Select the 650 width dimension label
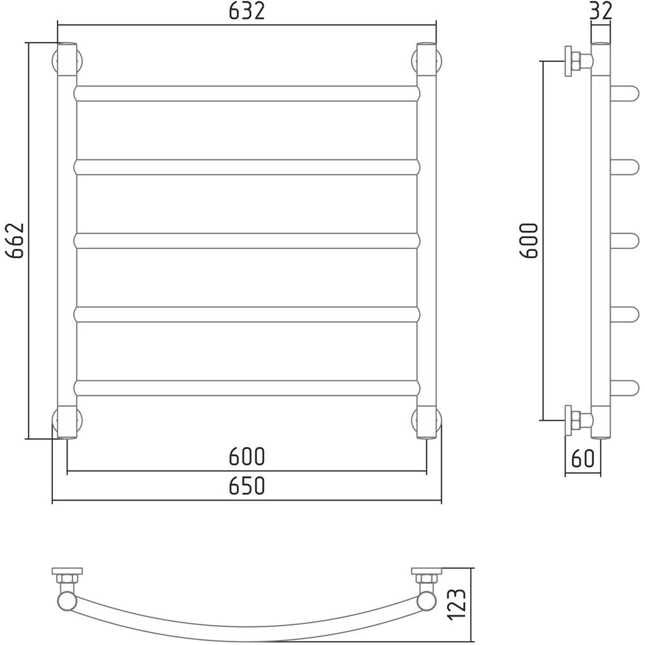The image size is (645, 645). pyautogui.click(x=247, y=486)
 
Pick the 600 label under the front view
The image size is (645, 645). pyautogui.click(x=247, y=456)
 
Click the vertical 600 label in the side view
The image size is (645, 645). pyautogui.click(x=529, y=240)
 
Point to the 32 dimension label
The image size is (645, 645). pyautogui.click(x=601, y=11)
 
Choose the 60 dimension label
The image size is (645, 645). pyautogui.click(x=583, y=458)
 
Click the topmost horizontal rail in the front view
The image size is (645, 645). pyautogui.click(x=247, y=94)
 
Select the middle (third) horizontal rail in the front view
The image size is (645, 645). pyautogui.click(x=247, y=241)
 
